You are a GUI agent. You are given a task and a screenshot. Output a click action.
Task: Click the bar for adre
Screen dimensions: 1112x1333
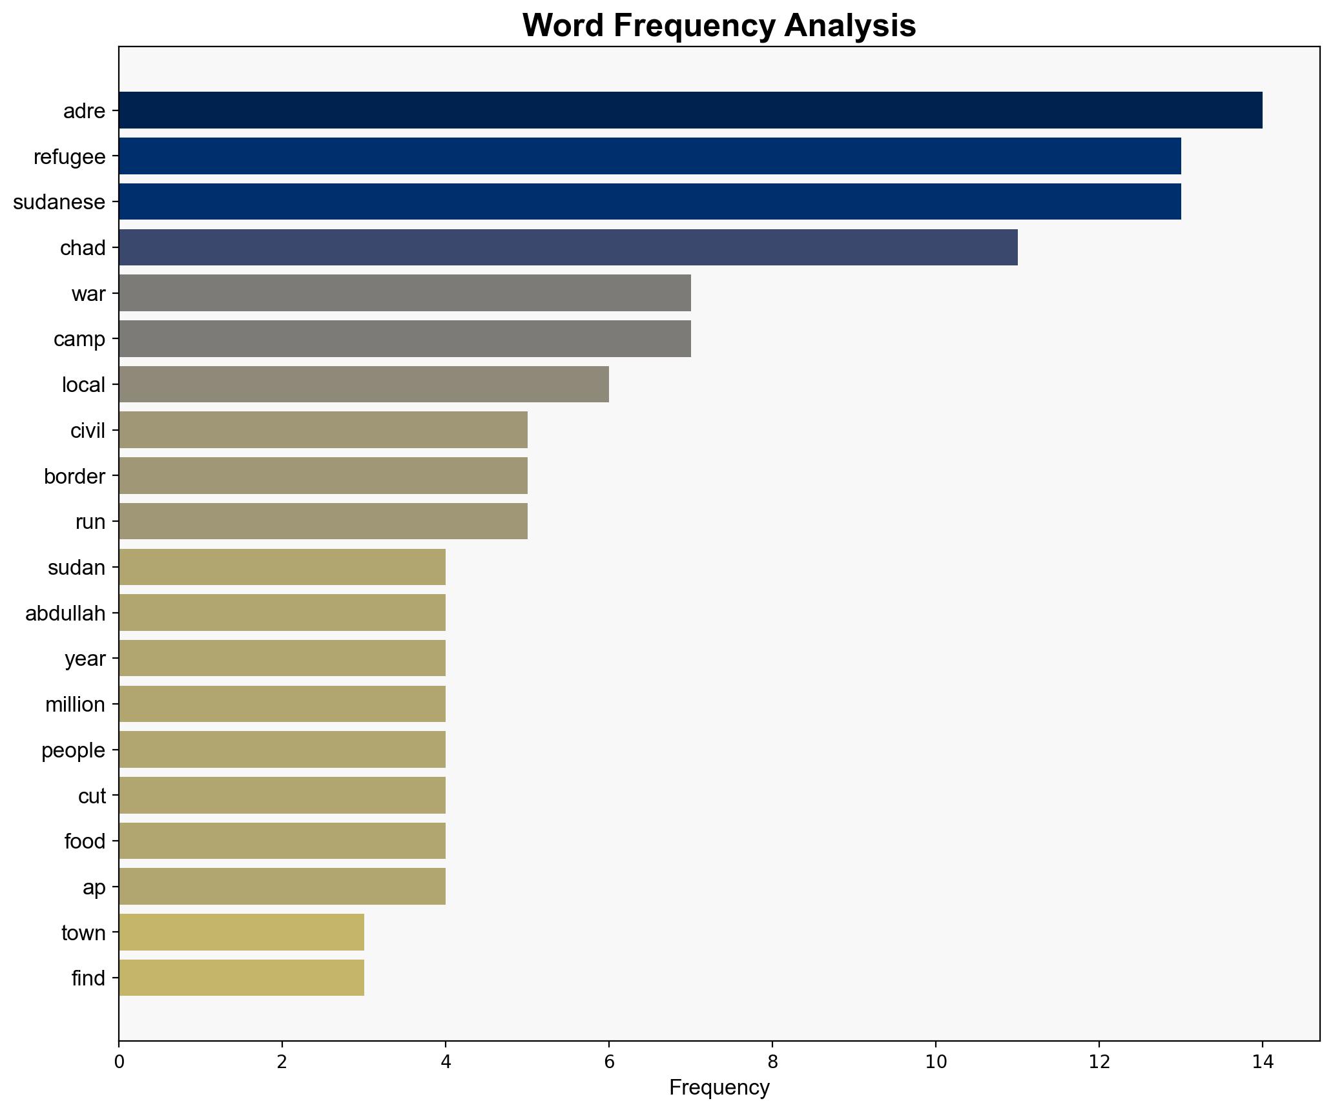click(690, 110)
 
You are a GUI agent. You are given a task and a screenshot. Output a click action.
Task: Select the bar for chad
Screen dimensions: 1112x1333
click(568, 247)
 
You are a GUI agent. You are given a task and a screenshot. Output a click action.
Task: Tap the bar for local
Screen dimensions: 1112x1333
click(364, 384)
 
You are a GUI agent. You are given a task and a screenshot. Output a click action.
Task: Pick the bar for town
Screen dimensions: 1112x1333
click(241, 932)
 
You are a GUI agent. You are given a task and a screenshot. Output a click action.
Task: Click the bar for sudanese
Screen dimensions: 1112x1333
click(649, 201)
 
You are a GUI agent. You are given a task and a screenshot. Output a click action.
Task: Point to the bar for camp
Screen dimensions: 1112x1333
click(404, 338)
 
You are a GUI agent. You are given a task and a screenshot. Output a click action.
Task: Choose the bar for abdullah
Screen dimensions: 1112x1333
click(282, 612)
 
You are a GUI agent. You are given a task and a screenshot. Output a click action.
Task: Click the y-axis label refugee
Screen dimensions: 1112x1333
click(69, 156)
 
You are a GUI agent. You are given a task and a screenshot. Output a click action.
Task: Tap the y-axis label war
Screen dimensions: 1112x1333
click(88, 294)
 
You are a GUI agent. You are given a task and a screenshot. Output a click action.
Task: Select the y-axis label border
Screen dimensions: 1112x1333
click(74, 477)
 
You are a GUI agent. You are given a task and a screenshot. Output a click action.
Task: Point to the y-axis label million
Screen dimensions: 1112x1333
click(75, 705)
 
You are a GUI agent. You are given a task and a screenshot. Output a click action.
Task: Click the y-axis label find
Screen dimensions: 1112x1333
click(88, 978)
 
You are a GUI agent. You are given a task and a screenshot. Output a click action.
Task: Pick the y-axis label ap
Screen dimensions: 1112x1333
click(94, 887)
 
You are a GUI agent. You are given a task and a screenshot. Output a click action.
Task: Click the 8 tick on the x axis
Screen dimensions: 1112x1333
click(772, 1062)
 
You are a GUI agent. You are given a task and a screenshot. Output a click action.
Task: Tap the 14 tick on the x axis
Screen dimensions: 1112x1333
click(1262, 1062)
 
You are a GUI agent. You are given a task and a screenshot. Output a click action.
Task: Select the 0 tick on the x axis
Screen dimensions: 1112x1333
click(119, 1062)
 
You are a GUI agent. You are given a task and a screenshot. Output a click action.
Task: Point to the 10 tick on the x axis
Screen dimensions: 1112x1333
click(935, 1062)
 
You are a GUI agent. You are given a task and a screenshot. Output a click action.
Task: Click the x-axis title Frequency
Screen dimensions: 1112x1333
click(719, 1088)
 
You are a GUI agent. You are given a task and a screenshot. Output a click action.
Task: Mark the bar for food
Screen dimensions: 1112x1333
click(282, 841)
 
